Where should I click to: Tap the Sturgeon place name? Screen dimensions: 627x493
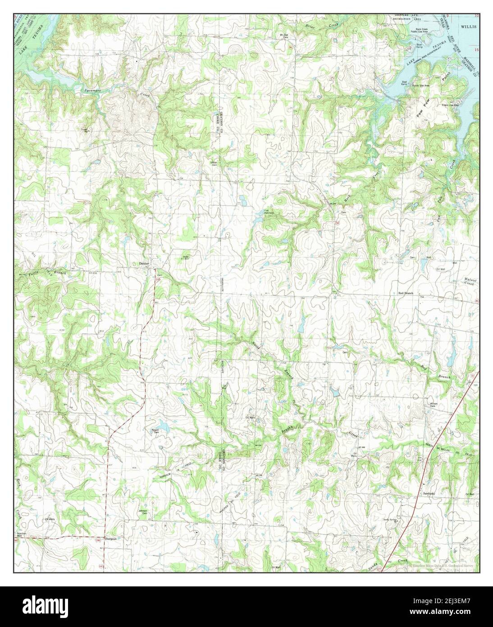click(111, 539)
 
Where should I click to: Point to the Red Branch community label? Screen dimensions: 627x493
click(406, 293)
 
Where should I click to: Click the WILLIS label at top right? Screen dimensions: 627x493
click(469, 27)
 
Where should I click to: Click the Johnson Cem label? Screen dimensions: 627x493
click(143, 512)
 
